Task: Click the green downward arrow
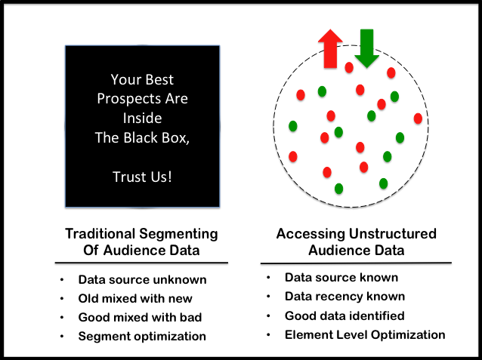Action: pos(367,47)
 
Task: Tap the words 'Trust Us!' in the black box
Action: pos(142,176)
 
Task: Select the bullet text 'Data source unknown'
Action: pos(142,280)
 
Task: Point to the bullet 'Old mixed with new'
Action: pos(135,298)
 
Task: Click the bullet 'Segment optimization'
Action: pos(142,336)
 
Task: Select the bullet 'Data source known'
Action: pos(341,278)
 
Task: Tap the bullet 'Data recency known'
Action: pos(345,297)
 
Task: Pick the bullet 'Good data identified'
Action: pos(345,315)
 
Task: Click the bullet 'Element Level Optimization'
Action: pos(365,334)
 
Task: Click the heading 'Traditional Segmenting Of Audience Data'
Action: pos(141,242)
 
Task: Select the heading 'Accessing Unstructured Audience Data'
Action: pos(356,242)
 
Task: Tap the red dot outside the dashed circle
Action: pos(418,118)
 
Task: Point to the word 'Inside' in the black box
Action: pos(142,118)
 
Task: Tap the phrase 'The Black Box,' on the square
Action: pos(142,137)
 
